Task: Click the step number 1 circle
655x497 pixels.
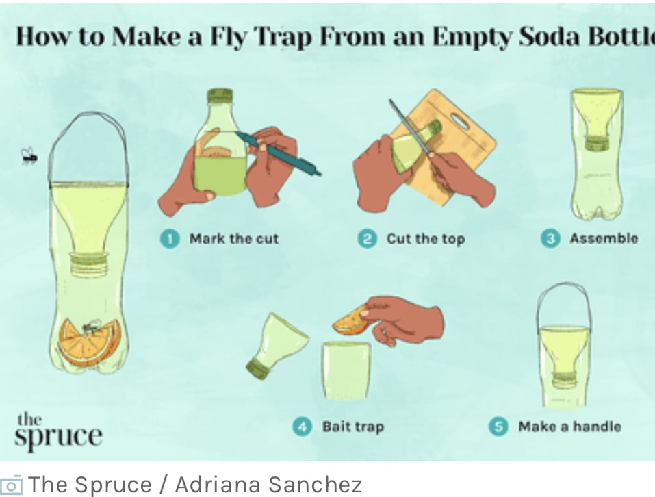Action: click(170, 239)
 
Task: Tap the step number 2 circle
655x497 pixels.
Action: click(367, 239)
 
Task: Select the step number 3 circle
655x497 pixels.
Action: click(550, 238)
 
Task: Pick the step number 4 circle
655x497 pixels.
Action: click(302, 427)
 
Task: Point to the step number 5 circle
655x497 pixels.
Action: click(498, 427)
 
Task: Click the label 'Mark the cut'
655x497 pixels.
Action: click(234, 239)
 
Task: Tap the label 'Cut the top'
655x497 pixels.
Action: click(426, 240)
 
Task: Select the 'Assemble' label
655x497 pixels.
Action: click(604, 238)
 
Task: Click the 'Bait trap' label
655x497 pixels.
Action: click(353, 427)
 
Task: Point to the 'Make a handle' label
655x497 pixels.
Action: click(569, 426)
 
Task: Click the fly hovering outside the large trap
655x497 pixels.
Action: click(29, 156)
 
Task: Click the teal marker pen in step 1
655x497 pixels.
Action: click(278, 153)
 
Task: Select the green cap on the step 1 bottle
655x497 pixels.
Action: click(220, 96)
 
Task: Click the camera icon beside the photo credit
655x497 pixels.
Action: click(11, 485)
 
